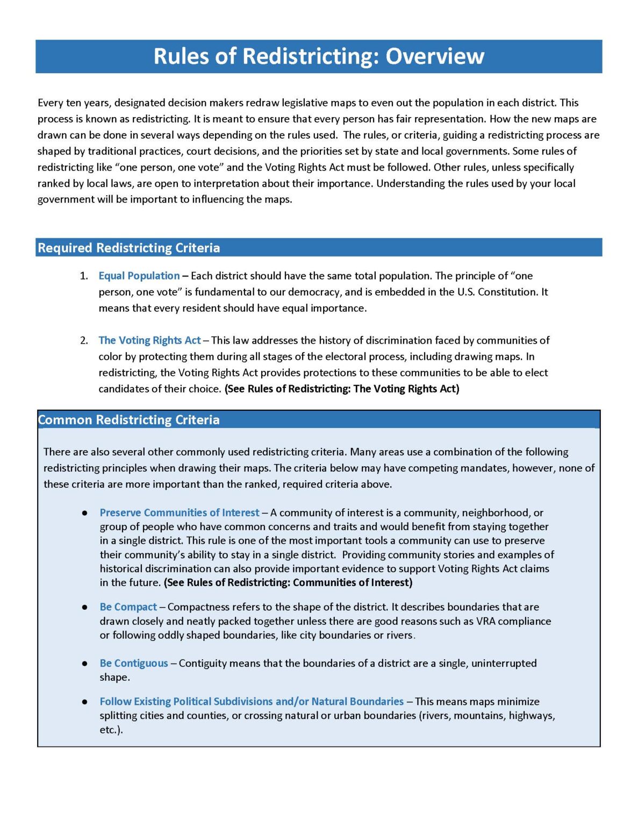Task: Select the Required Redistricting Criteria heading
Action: click(128, 248)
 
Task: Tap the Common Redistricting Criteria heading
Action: click(128, 420)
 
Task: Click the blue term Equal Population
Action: click(139, 276)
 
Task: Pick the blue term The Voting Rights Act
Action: click(149, 340)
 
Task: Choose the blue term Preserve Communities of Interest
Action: click(179, 513)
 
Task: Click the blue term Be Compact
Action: click(128, 607)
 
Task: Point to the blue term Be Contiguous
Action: click(133, 664)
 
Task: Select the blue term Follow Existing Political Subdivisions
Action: click(251, 702)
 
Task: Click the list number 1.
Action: click(83, 276)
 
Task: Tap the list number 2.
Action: click(83, 341)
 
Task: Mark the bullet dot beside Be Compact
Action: click(84, 608)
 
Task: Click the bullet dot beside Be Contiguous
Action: click(84, 664)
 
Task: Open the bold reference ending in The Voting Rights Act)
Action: click(342, 389)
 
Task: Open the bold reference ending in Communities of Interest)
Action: click(288, 582)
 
